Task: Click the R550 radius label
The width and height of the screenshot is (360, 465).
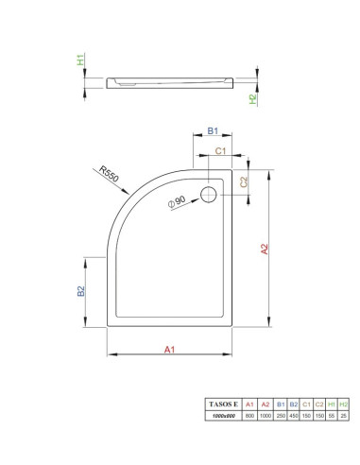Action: coord(109,174)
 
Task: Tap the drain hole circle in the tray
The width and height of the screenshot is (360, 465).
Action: coord(209,195)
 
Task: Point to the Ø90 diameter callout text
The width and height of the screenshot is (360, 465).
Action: coord(177,201)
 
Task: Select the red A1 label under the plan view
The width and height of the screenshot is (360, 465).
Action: coord(169,350)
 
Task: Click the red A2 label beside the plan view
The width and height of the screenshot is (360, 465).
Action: coord(265,249)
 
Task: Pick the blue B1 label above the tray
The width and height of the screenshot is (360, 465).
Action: coord(213,130)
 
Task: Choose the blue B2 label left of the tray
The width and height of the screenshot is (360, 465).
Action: coord(81,291)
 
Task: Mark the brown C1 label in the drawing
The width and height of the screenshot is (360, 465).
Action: coord(220,151)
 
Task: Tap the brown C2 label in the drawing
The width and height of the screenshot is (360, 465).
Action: coord(244,181)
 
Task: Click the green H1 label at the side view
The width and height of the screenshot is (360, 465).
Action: coord(81,60)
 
